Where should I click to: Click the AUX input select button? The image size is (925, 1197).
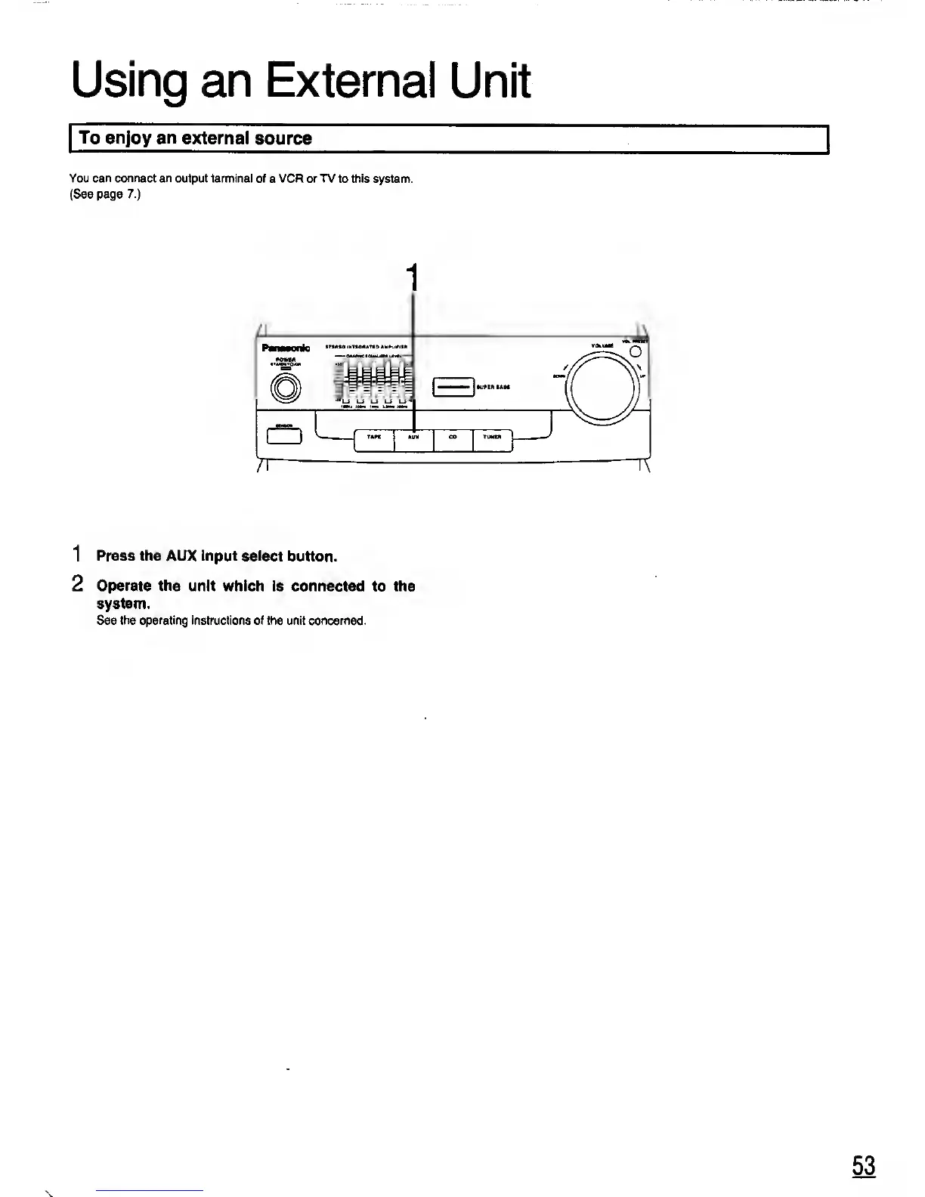click(413, 440)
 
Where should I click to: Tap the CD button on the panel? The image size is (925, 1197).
click(453, 440)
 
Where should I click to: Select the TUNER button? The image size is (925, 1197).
click(492, 440)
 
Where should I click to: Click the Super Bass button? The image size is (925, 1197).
click(453, 386)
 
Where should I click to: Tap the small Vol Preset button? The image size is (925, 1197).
click(636, 350)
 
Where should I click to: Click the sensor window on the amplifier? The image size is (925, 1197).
click(284, 436)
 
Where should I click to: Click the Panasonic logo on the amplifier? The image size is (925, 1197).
click(286, 348)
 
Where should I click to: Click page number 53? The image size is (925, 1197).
click(864, 1165)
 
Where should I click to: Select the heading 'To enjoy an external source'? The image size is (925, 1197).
click(196, 138)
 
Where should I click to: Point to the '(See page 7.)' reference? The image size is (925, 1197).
click(105, 194)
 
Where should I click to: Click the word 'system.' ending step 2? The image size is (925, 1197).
click(123, 604)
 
